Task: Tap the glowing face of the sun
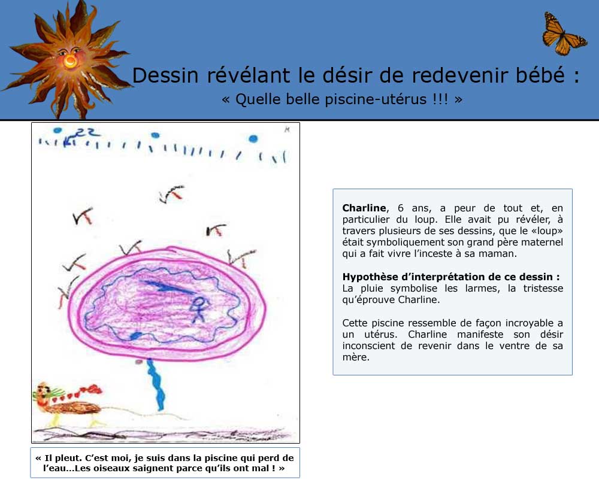tap(70, 58)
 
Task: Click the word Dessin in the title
tap(165, 75)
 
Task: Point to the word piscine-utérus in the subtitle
tap(376, 99)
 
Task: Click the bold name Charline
tap(364, 208)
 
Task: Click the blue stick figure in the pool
tap(199, 309)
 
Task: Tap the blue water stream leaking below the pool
tap(156, 384)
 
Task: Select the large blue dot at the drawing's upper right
tap(253, 139)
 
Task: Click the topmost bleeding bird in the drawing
tap(171, 193)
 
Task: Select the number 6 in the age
tap(400, 208)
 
